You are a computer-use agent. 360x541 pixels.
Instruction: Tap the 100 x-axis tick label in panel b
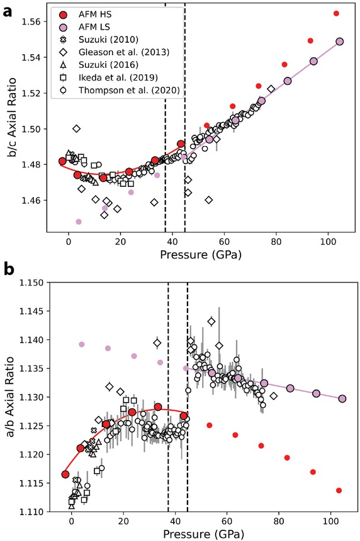click(330, 523)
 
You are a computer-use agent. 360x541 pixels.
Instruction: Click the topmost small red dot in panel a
click(336, 13)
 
